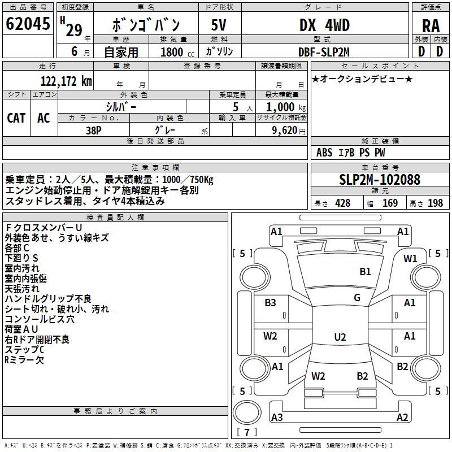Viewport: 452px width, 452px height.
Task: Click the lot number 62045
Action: [x=28, y=24]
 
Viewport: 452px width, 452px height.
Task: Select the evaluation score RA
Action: [x=431, y=26]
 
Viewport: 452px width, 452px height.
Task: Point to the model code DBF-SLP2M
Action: [x=324, y=52]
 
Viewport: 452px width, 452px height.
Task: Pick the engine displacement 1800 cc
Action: [x=172, y=53]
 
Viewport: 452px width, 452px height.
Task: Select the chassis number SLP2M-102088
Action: [x=380, y=180]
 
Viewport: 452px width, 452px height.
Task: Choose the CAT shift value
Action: [x=16, y=118]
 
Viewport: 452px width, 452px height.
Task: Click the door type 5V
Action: [x=219, y=25]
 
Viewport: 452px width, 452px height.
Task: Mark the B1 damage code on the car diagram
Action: [x=365, y=272]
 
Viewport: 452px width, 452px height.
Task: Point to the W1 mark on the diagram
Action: [x=410, y=259]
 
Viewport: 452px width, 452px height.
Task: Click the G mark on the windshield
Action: [x=357, y=298]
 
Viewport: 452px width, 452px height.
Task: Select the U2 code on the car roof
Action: [x=340, y=337]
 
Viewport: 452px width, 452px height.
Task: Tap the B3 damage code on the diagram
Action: [x=271, y=303]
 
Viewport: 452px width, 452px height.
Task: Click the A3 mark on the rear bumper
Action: [x=277, y=418]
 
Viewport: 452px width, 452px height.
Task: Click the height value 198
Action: [x=436, y=203]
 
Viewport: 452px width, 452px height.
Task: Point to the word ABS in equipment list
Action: [x=324, y=153]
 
